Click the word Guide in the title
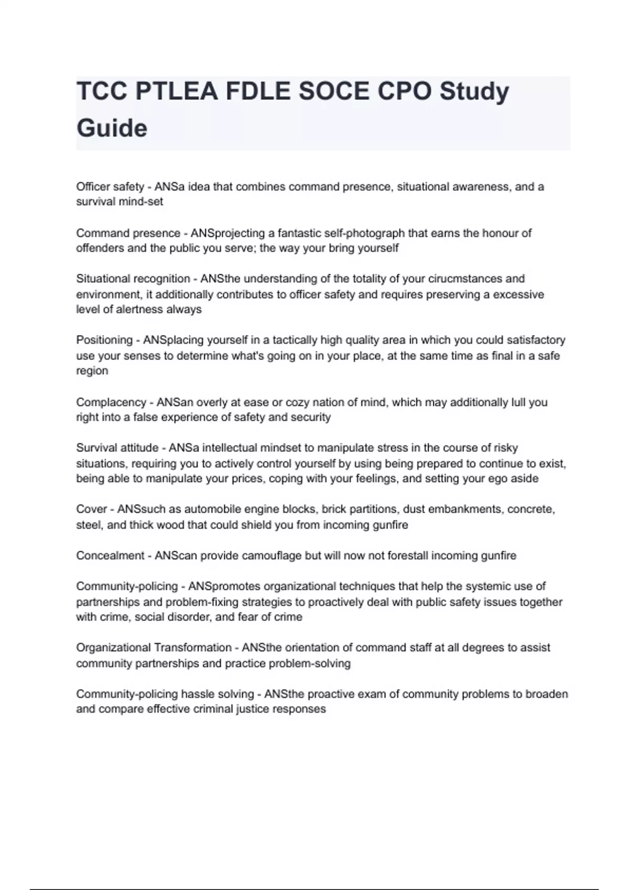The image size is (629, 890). pos(112,128)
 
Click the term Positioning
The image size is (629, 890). pos(104,340)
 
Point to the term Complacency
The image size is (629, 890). pos(111,402)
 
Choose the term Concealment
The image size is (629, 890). pos(110,555)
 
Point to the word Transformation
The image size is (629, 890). pos(192,648)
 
